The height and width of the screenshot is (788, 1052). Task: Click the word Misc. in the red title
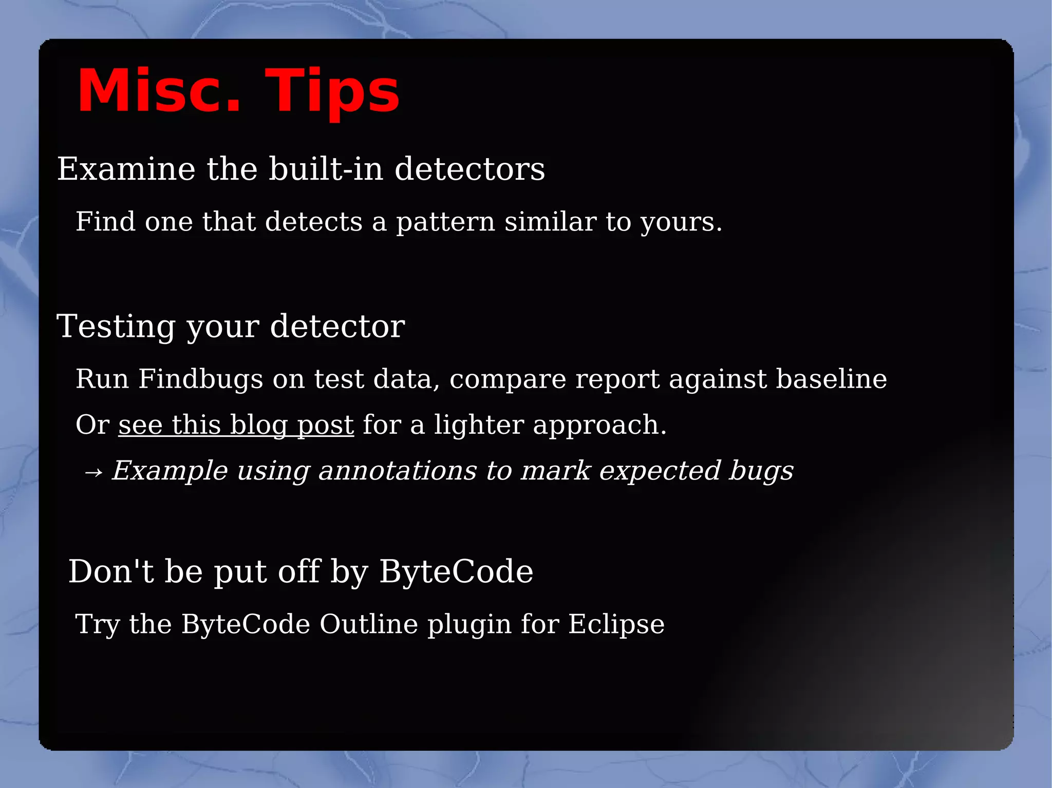tap(159, 91)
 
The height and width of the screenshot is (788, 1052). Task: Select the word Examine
tap(126, 169)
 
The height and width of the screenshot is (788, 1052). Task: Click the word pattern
tap(445, 222)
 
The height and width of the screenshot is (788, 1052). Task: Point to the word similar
tap(550, 222)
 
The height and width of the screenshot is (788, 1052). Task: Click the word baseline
tap(831, 379)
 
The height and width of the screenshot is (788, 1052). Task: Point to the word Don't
tap(111, 571)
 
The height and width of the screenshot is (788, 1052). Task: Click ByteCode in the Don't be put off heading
tap(456, 571)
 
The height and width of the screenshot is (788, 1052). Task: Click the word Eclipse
tap(616, 625)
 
